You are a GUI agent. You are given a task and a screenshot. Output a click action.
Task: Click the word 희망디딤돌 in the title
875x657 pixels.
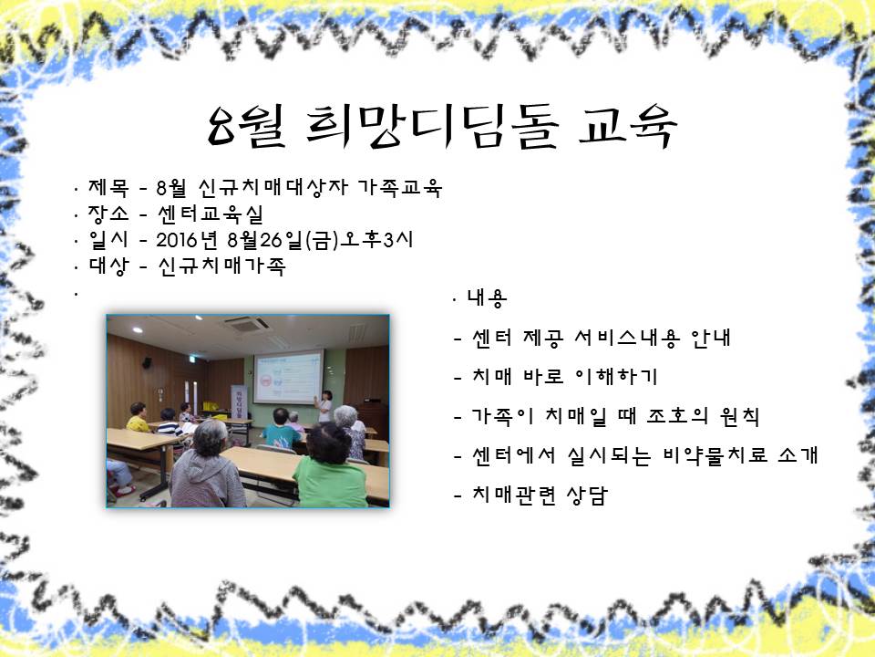pos(432,128)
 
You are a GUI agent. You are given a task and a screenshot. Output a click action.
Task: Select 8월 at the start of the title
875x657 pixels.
pos(246,128)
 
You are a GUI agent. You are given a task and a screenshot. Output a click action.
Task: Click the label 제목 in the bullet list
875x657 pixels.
pos(108,187)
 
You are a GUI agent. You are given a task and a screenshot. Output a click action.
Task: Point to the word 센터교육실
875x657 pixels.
pos(210,214)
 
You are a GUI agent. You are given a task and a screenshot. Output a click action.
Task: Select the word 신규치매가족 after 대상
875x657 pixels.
pos(221,266)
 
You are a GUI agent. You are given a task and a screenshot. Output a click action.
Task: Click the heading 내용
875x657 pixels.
pos(487,298)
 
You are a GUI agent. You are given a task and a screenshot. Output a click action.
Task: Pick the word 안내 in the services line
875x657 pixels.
pos(710,338)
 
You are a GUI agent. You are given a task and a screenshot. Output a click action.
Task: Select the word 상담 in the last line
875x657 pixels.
pos(586,495)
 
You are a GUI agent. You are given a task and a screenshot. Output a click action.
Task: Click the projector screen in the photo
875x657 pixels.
pos(288,377)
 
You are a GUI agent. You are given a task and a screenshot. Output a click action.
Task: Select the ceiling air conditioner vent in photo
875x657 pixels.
pos(247,324)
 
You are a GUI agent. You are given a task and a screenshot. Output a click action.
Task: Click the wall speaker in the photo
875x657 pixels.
pos(148,362)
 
